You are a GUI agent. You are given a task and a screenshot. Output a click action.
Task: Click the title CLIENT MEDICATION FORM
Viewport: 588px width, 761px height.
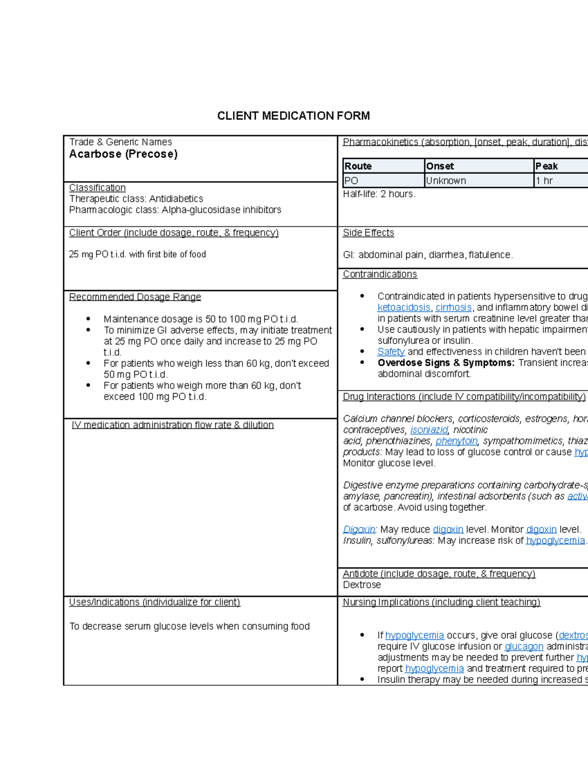point(294,116)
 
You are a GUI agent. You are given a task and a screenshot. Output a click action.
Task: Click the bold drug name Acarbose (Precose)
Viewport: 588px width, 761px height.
point(123,154)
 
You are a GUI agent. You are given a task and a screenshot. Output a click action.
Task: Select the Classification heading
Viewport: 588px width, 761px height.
point(98,188)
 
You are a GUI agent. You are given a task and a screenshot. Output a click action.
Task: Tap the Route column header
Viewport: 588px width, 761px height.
point(358,166)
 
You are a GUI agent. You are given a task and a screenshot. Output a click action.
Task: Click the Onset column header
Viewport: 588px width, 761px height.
point(440,166)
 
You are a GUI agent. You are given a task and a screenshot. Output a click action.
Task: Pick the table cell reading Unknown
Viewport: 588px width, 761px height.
point(446,181)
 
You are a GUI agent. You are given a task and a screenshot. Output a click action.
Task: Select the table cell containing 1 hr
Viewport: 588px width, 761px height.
point(544,181)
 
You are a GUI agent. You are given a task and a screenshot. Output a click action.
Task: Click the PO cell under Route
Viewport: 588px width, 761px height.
point(351,181)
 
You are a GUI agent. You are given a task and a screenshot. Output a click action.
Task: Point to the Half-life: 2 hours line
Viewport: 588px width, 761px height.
point(379,194)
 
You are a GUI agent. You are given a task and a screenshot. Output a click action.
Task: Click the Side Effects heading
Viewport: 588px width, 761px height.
point(368,233)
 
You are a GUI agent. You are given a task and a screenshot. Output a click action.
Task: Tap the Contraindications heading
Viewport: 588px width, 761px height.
point(380,274)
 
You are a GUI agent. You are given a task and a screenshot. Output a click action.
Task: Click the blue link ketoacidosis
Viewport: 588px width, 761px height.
point(404,308)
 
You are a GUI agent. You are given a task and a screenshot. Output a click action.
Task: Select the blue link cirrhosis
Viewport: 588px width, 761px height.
point(453,308)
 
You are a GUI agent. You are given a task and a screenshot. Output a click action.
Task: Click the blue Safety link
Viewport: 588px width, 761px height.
point(391,352)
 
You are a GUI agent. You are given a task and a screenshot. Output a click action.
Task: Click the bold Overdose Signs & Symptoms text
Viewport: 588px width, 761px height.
point(446,363)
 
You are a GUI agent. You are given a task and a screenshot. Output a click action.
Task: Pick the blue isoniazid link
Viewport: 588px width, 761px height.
point(429,430)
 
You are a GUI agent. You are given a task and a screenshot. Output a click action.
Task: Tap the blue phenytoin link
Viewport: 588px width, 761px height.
point(456,441)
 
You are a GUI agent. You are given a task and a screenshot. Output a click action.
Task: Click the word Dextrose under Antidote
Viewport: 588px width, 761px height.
point(362,585)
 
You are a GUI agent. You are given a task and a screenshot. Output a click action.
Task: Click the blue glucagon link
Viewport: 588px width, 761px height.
point(524,647)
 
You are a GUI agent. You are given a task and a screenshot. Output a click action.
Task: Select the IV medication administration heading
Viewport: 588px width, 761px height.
point(172,425)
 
